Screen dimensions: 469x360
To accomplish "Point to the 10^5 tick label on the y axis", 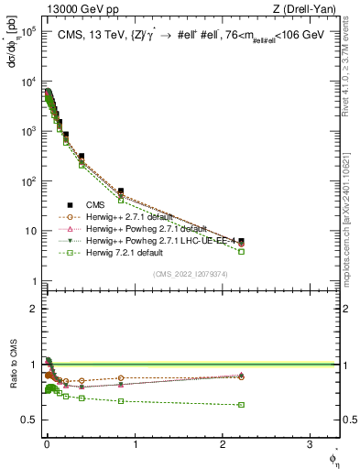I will point(26,31).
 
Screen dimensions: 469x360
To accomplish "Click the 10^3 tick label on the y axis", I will point(26,131).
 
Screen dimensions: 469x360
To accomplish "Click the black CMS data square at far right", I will point(241,242).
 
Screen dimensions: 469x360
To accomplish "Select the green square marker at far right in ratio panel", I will point(241,404).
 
